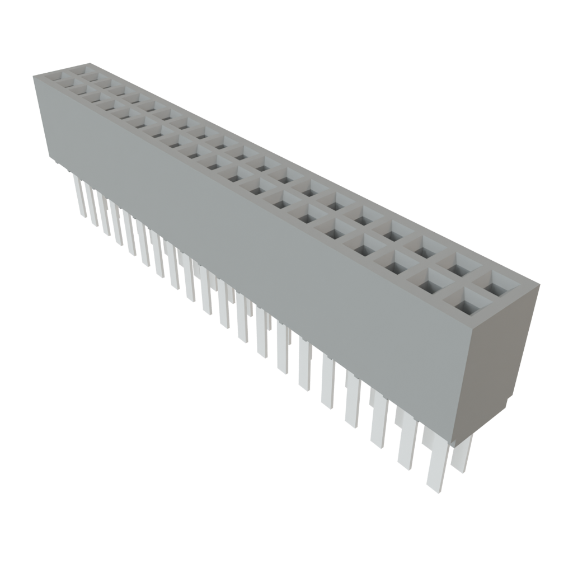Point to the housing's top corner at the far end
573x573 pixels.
tap(34, 76)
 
